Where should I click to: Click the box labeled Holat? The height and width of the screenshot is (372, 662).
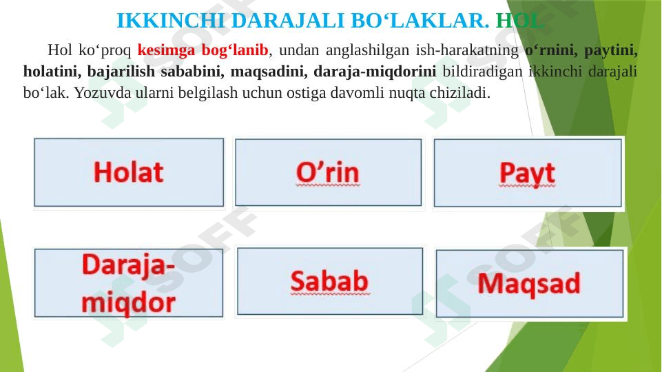tap(129, 172)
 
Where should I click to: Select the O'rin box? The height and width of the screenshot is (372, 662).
tap(328, 172)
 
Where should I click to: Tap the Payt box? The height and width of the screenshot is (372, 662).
tap(528, 173)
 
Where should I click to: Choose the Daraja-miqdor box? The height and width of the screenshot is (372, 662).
tap(129, 283)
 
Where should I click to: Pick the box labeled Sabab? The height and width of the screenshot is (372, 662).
tap(330, 281)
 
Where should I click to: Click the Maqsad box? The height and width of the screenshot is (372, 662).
tap(530, 283)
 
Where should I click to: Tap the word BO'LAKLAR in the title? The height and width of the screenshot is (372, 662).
tap(420, 21)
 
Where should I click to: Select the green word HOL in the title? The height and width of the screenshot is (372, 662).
tap(519, 21)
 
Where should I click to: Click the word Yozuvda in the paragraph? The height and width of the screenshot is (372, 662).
tap(103, 93)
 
